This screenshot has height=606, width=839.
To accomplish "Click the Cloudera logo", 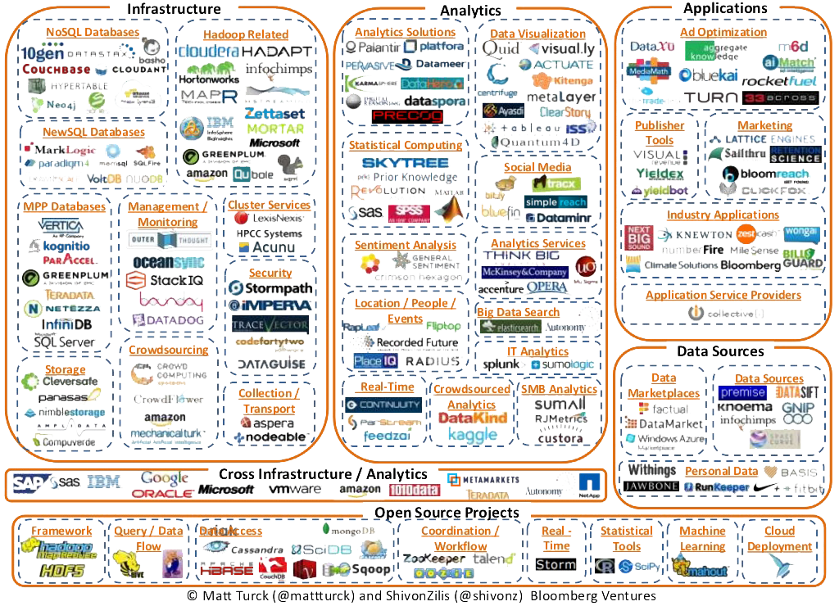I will coord(209,50).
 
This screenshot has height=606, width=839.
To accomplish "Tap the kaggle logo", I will coord(472,436).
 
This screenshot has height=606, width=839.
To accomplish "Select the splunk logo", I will coord(500,365).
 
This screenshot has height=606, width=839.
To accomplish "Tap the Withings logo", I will coord(651,470).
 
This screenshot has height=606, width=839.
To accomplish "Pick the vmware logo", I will coord(295,489).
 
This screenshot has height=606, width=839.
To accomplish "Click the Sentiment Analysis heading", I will coord(405,245).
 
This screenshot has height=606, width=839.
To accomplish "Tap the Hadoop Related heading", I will coord(245,34).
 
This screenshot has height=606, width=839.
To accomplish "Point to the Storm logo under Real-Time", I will coord(556,564).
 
